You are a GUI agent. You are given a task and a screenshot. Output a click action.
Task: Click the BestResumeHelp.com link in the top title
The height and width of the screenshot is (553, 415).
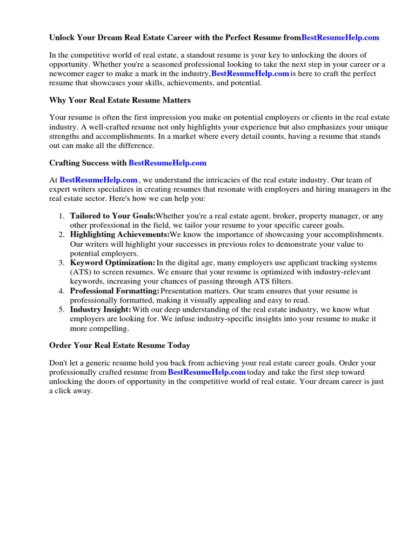[340, 38]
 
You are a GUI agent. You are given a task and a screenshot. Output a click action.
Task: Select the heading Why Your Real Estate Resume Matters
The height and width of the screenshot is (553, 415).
[120, 100]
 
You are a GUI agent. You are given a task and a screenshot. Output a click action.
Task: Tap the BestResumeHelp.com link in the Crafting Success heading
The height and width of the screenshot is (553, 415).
[168, 163]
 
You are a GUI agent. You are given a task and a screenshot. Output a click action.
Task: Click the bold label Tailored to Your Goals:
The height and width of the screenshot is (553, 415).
[112, 216]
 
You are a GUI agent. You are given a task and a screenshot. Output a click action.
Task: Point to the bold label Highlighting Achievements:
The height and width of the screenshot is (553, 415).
[119, 234]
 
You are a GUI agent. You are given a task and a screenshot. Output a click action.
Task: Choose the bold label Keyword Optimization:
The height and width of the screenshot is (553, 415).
[112, 263]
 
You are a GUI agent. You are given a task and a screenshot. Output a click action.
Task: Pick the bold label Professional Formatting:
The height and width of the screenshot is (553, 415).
[115, 291]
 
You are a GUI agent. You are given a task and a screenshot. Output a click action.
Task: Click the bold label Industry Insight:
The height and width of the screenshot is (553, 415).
[101, 309]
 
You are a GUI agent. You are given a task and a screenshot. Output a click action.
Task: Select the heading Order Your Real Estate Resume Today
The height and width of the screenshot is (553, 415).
[119, 345]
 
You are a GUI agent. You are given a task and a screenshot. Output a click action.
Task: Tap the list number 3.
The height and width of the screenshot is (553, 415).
[62, 263]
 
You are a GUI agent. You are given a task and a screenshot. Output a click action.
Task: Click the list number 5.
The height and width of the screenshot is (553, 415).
[62, 309]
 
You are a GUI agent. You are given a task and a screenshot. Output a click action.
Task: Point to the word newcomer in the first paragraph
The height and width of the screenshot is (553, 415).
[66, 74]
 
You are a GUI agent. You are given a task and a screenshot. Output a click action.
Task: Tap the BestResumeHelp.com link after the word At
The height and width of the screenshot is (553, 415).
[98, 180]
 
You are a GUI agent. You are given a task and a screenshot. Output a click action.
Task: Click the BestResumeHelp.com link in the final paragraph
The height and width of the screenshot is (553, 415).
[207, 372]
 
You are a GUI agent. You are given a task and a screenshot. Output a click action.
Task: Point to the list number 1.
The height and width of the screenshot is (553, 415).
[62, 216]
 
